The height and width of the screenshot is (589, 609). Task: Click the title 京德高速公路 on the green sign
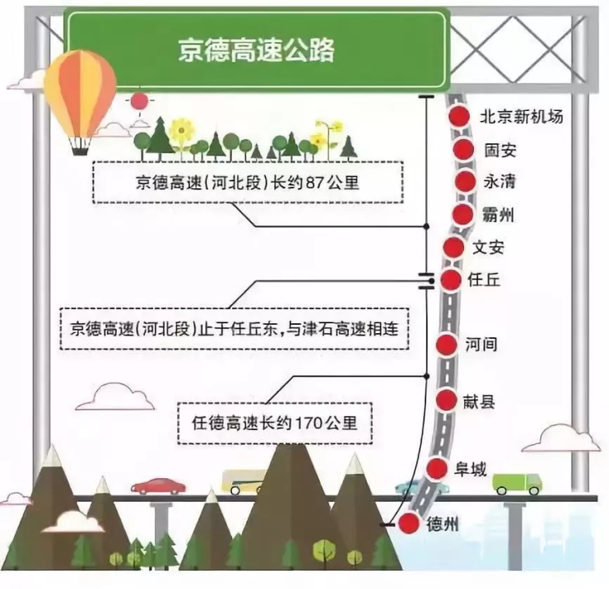click(x=256, y=49)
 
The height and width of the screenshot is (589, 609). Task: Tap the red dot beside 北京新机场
click(x=459, y=116)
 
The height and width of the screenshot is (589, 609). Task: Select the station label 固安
click(x=500, y=150)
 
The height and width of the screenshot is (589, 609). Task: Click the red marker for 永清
click(x=465, y=181)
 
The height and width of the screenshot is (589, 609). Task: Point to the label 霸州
click(x=498, y=215)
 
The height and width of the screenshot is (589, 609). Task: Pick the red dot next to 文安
click(x=453, y=247)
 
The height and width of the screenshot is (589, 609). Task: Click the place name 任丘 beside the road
click(x=484, y=280)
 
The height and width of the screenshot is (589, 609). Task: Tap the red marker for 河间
click(x=447, y=345)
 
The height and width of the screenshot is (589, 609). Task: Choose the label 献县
click(x=479, y=401)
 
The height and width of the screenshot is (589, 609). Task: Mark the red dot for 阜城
click(x=437, y=469)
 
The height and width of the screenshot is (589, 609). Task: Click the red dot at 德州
click(x=409, y=523)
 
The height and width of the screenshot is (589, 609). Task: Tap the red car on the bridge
click(x=158, y=486)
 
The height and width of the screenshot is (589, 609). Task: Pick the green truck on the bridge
click(x=517, y=484)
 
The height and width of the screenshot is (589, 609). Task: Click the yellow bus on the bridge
click(x=244, y=482)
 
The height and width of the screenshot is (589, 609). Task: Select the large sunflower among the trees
click(x=181, y=130)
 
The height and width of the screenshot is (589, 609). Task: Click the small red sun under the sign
click(x=139, y=101)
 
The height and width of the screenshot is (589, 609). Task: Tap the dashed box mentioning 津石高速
click(x=235, y=329)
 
